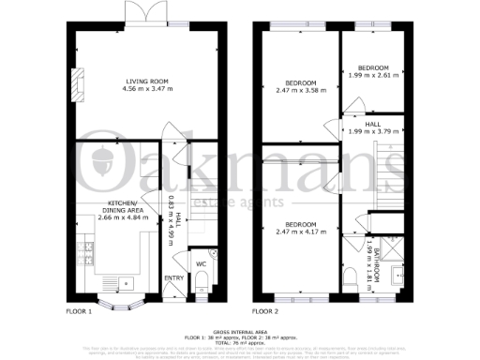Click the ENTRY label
[174, 277]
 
